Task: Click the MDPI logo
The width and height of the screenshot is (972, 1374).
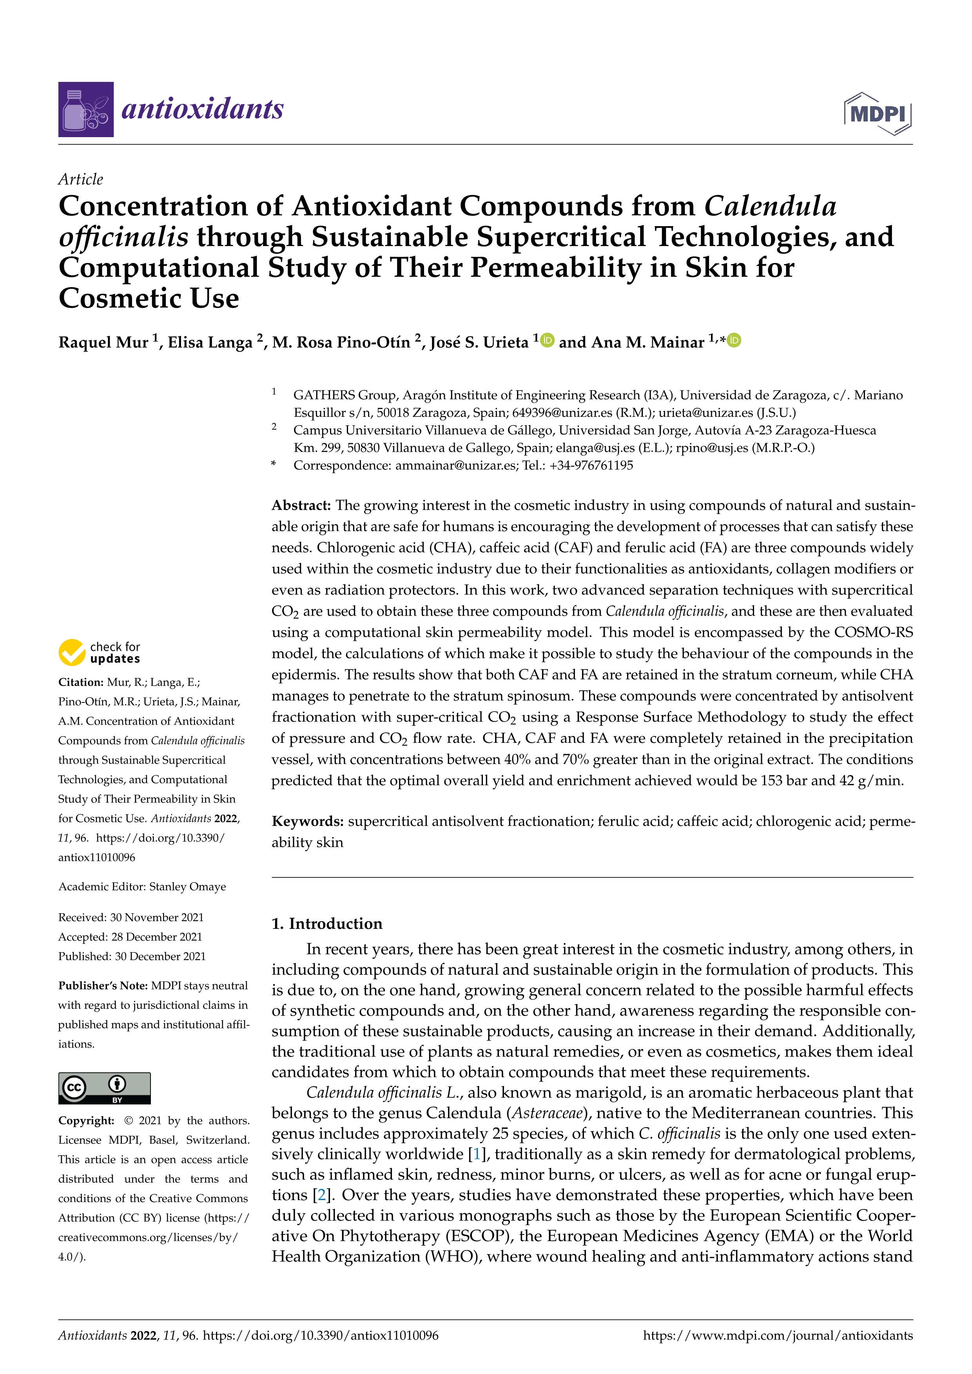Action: pos(878,113)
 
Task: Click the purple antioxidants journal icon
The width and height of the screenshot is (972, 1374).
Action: pos(85,110)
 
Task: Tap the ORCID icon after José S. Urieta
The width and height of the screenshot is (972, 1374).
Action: pos(547,340)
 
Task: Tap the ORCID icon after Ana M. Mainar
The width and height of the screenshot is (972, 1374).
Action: pos(734,340)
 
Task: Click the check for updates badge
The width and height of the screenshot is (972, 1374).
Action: pos(99,652)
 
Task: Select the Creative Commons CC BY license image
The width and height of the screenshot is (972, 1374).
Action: pos(104,1088)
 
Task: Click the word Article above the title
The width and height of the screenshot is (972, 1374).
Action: pos(80,179)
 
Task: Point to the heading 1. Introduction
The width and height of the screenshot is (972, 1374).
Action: pos(327,923)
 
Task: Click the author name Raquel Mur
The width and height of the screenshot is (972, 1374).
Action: pos(103,342)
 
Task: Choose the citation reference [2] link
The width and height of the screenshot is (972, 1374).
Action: pos(321,1195)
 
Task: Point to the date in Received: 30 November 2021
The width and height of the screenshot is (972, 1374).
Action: pos(157,918)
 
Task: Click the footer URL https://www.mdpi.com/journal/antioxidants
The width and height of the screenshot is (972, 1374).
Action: pos(778,1335)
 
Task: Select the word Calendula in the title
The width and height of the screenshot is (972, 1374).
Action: pos(770,206)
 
